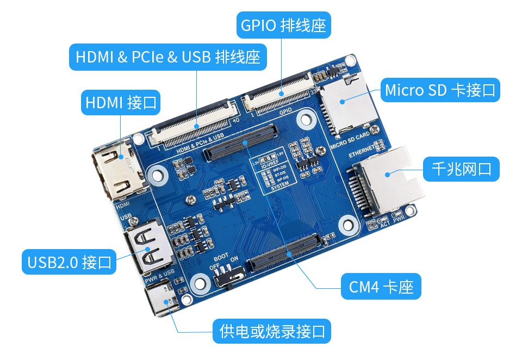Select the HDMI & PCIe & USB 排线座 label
[x=167, y=57]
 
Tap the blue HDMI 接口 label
[x=121, y=102]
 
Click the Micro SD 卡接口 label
[x=440, y=90]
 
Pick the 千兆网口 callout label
[x=461, y=169]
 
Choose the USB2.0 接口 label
[x=69, y=262]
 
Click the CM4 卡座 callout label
[x=381, y=287]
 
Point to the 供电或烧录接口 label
[x=272, y=331]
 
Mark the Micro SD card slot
[x=345, y=103]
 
